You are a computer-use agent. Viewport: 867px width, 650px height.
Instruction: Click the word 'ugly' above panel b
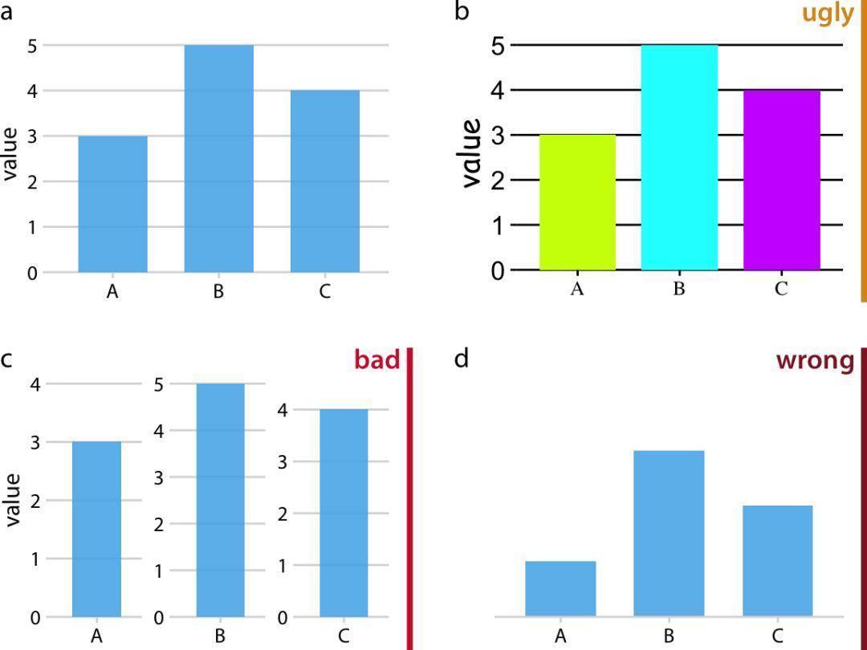(827, 14)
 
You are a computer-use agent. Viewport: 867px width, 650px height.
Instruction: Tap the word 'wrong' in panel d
(815, 360)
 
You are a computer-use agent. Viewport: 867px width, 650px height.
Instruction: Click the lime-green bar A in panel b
(577, 202)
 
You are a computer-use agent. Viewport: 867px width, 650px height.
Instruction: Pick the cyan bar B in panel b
(679, 157)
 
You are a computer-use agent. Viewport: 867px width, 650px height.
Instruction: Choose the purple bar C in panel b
(782, 180)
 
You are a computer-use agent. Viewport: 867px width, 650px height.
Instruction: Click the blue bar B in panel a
(219, 158)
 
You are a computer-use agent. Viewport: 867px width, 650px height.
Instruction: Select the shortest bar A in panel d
(560, 588)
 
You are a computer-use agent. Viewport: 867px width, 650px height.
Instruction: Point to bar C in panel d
(777, 561)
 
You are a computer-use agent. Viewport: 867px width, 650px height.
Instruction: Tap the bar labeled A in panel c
(97, 529)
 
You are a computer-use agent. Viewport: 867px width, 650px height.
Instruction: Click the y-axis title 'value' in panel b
(472, 153)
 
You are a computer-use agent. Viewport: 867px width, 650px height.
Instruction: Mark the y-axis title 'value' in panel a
(10, 154)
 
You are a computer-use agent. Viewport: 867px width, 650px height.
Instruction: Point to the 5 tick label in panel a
(32, 46)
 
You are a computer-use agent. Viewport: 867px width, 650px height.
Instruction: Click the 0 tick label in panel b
(497, 271)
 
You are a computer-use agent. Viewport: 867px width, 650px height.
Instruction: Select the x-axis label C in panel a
(324, 291)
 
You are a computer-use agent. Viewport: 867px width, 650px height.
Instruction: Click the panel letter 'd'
(461, 358)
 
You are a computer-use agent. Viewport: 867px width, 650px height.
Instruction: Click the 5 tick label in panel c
(158, 384)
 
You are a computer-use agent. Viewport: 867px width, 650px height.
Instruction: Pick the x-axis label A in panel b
(576, 290)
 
